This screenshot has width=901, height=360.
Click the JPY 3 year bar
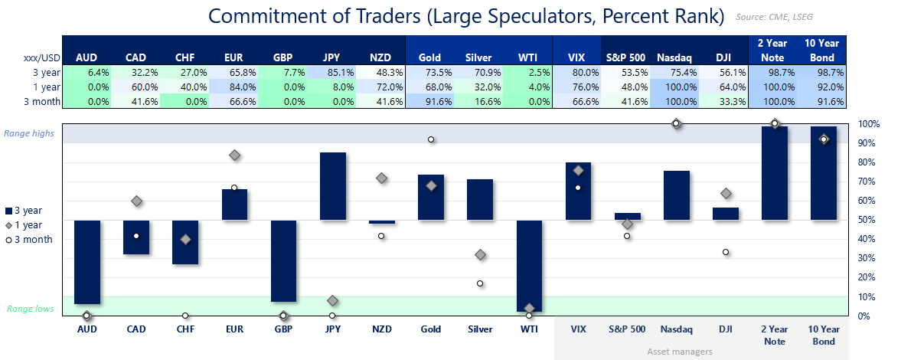[x=332, y=186]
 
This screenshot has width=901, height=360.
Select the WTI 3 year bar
[x=529, y=265]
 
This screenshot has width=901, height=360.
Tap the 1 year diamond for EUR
[x=234, y=155]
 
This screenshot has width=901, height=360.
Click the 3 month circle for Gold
[x=431, y=139]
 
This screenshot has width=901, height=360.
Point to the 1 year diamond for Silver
[x=480, y=254]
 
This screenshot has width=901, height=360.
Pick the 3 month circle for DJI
[x=726, y=252]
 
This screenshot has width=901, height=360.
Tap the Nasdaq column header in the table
[x=676, y=57]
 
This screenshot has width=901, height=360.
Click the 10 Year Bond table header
[x=824, y=51]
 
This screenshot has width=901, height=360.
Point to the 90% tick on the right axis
[x=867, y=143]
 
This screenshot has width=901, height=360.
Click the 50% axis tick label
[x=867, y=220]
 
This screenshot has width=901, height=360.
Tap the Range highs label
[x=29, y=133]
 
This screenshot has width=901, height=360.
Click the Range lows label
[x=31, y=309]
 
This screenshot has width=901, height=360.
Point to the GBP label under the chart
[x=283, y=329]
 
